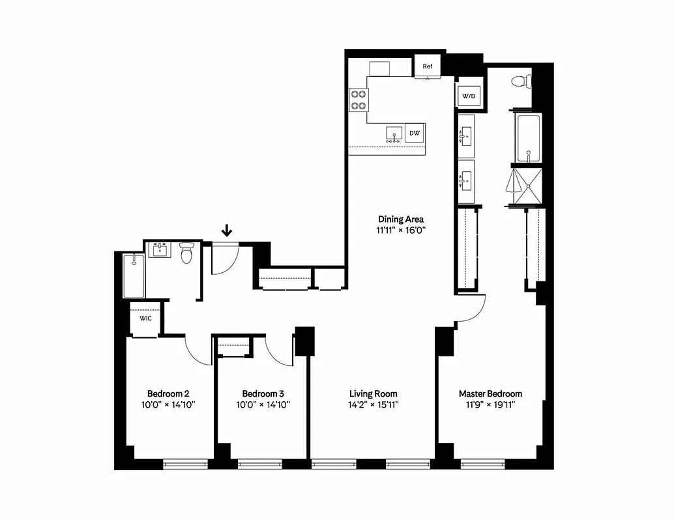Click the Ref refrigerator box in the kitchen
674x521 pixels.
pyautogui.click(x=428, y=66)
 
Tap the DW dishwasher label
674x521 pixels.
pyautogui.click(x=415, y=134)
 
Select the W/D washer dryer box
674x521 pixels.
pyautogui.click(x=469, y=96)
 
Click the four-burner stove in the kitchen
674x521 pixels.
pyautogui.click(x=358, y=99)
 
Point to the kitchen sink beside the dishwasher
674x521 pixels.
pyautogui.click(x=393, y=134)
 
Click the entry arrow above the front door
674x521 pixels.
pyautogui.click(x=226, y=230)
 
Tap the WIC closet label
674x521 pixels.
pyautogui.click(x=145, y=318)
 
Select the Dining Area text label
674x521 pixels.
pyautogui.click(x=401, y=219)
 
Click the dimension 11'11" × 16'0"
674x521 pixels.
pyautogui.click(x=401, y=230)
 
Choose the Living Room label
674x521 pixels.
pyautogui.click(x=373, y=393)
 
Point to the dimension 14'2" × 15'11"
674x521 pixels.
pyautogui.click(x=373, y=404)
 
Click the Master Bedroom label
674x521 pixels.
pyautogui.click(x=490, y=393)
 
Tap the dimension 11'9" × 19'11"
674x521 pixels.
pyautogui.click(x=490, y=404)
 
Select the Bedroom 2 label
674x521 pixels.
pyautogui.click(x=168, y=393)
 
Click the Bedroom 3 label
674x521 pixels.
pyautogui.click(x=263, y=393)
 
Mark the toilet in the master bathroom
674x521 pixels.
pyautogui.click(x=521, y=82)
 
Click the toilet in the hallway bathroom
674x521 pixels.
pyautogui.click(x=186, y=253)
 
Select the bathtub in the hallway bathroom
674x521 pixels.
pyautogui.click(x=134, y=275)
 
